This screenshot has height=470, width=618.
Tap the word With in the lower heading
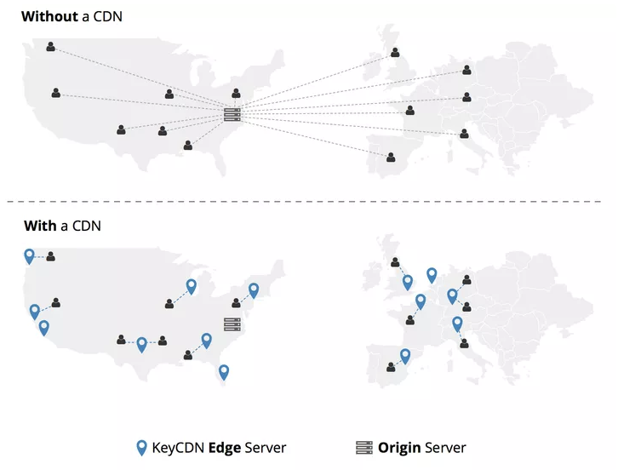tap(39, 226)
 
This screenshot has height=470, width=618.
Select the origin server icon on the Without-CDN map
tap(232, 114)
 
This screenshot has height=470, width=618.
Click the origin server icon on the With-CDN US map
tap(232, 324)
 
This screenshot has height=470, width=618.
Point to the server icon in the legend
tap(364, 448)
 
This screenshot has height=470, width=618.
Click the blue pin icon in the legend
tap(142, 448)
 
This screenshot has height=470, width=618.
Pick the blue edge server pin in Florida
tap(224, 372)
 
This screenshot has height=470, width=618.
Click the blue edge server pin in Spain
tap(405, 356)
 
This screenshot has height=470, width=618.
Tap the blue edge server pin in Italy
tap(457, 324)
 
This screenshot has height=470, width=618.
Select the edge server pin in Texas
tap(141, 344)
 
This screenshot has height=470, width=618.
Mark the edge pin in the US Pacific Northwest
tap(30, 255)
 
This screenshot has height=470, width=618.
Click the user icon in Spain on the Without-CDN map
tap(391, 158)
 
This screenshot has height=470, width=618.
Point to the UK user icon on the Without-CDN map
tap(395, 53)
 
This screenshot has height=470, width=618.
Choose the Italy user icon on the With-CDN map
tap(464, 344)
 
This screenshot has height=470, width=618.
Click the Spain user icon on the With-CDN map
tap(391, 368)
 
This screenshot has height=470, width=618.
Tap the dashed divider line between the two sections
tap(308, 203)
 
